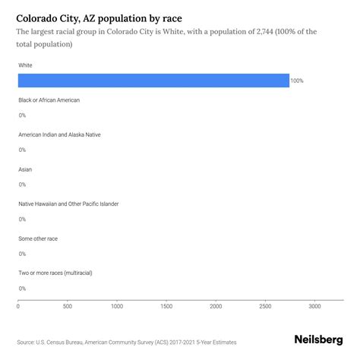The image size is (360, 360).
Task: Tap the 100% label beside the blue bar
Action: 297,81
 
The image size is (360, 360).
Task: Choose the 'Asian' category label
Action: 25,169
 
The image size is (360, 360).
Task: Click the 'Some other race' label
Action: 38,238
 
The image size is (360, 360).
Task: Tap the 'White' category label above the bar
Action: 26,65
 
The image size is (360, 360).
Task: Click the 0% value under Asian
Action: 22,185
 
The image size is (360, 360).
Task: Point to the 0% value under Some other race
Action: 22,254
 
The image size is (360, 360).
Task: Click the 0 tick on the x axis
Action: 18,307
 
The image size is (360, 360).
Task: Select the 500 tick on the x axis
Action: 68,307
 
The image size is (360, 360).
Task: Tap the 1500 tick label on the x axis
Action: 166,307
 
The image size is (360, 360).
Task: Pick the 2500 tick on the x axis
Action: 265,307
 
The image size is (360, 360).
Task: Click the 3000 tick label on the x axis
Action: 314,307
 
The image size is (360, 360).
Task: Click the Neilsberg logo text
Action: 317,342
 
